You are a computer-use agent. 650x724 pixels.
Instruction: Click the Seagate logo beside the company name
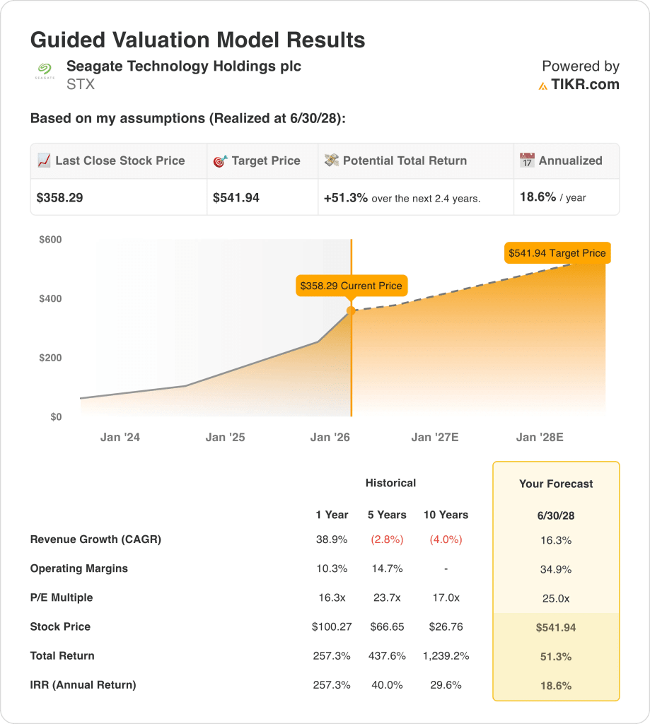point(45,71)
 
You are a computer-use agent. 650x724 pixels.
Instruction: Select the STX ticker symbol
point(80,85)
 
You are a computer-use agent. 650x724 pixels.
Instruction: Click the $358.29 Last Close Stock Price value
point(59,198)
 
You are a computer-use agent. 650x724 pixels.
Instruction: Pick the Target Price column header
point(265,161)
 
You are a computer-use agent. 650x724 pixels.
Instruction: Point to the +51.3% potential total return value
point(346,198)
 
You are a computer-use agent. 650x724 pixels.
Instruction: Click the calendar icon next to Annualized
point(527,161)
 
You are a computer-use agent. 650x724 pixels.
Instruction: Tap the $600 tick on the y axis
point(50,240)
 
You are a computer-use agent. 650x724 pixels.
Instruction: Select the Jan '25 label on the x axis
point(225,438)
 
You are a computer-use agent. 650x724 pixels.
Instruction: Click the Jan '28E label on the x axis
point(540,438)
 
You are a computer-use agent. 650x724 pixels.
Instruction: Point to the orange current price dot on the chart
point(351,310)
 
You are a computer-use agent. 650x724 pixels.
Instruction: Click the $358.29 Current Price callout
point(351,286)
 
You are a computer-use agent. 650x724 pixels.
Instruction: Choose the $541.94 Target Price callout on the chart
point(557,253)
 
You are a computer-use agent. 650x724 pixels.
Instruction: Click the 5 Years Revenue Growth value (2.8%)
point(387,539)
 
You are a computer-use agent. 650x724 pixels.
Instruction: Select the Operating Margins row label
point(79,568)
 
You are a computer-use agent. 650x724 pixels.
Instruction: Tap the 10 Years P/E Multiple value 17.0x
point(446,598)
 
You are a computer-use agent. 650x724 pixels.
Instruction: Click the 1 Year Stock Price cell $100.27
point(332,627)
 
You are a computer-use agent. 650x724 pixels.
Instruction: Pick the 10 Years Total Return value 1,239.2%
point(446,656)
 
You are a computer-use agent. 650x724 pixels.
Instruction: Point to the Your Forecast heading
point(556,484)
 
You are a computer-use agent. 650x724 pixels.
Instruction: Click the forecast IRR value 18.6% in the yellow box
point(556,685)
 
